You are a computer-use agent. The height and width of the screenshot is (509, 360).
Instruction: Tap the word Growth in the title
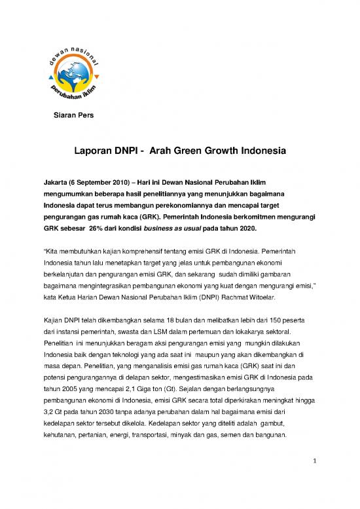pos(217,151)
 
